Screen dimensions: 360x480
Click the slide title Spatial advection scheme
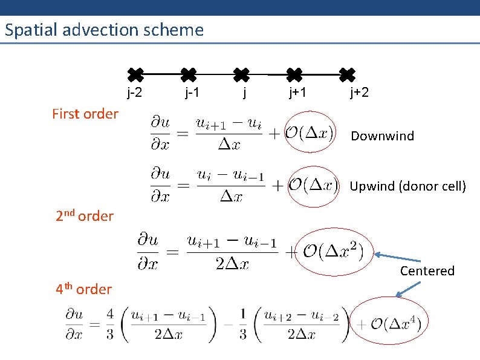[x=104, y=30]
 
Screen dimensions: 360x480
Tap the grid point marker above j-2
[x=135, y=75]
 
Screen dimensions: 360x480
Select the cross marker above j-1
[x=189, y=75]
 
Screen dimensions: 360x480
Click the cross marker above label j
[x=241, y=75]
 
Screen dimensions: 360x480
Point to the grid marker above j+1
[x=294, y=75]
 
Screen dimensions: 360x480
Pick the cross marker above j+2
[x=347, y=75]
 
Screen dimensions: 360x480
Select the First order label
[x=85, y=114]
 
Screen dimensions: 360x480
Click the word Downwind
[x=383, y=136]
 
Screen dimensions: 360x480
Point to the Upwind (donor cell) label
[x=408, y=186]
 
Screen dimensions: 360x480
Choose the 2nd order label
[x=85, y=216]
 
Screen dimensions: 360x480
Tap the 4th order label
[x=84, y=289]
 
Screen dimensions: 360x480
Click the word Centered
[x=427, y=270]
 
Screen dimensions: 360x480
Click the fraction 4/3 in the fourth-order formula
[x=109, y=324]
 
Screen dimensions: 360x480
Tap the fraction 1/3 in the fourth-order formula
[x=242, y=324]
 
